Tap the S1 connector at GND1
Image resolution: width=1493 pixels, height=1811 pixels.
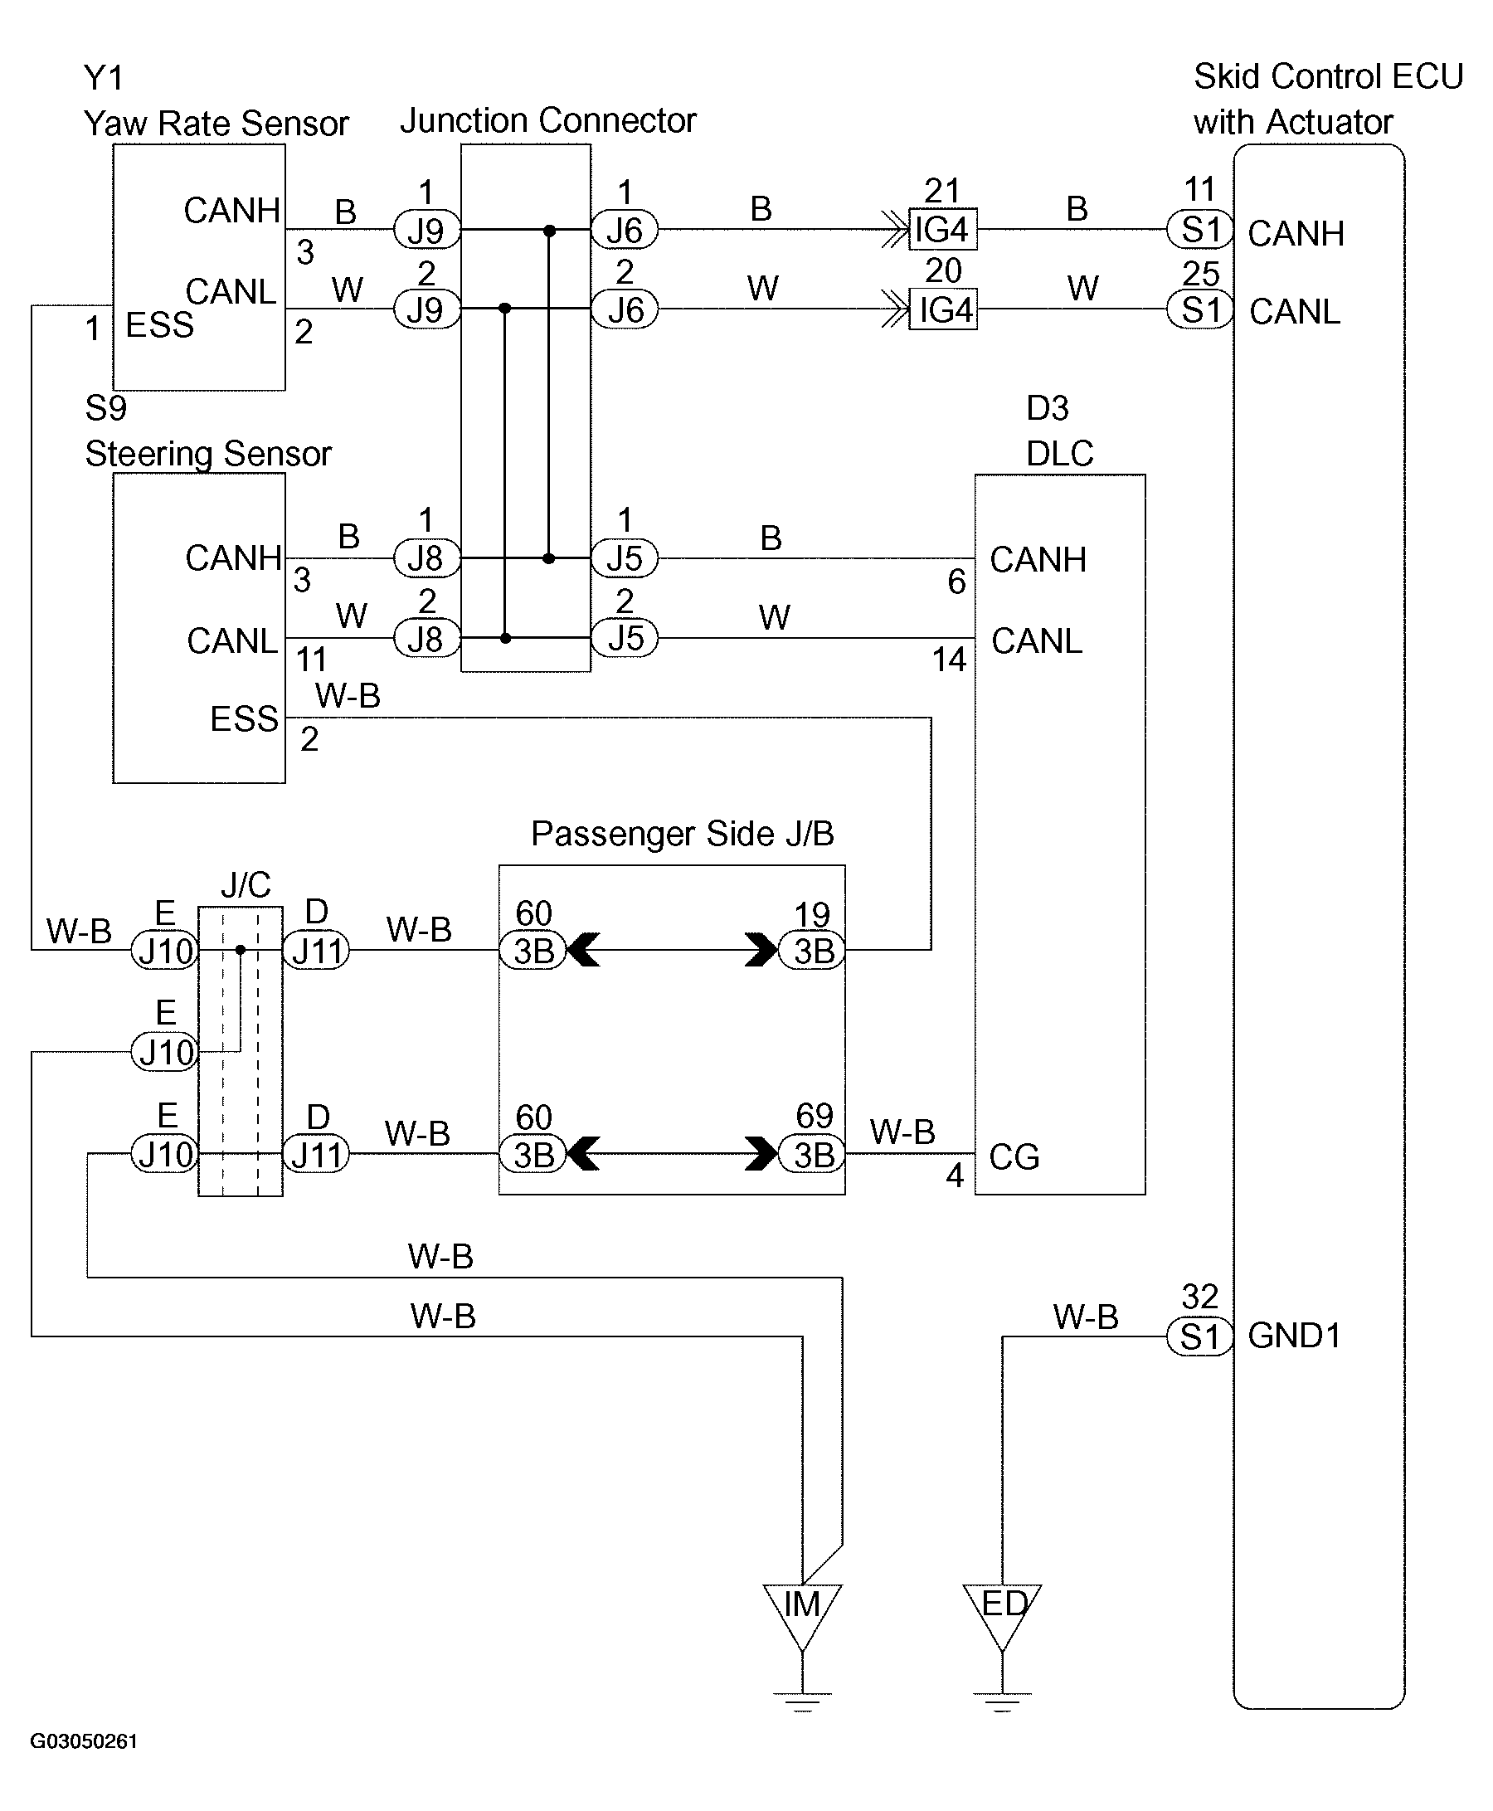pyautogui.click(x=1199, y=1337)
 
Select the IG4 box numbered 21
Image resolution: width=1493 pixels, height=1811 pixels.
pyautogui.click(x=942, y=230)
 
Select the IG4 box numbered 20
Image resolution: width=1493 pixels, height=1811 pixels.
pyautogui.click(x=942, y=309)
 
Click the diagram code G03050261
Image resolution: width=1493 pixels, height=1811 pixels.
pyautogui.click(x=84, y=1740)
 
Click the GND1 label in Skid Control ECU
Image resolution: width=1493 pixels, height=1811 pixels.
pyautogui.click(x=1294, y=1336)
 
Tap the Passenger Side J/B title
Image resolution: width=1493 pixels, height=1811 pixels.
pyautogui.click(x=682, y=833)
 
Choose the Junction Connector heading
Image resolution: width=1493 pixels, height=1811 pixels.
pyautogui.click(x=547, y=120)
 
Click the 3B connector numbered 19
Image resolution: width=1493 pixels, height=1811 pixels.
pyautogui.click(x=812, y=951)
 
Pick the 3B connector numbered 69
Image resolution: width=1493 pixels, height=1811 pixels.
pyautogui.click(x=812, y=1155)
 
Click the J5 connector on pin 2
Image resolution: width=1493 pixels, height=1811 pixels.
pyautogui.click(x=625, y=638)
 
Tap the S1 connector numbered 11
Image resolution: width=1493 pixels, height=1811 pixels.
pyautogui.click(x=1199, y=230)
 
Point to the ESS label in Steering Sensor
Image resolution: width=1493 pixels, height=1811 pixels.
pyautogui.click(x=244, y=718)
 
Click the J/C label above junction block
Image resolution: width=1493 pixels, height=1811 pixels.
pyautogui.click(x=246, y=884)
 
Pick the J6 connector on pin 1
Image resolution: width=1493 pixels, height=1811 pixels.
pyautogui.click(x=625, y=230)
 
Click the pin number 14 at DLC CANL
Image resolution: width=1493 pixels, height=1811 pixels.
pyautogui.click(x=949, y=660)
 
